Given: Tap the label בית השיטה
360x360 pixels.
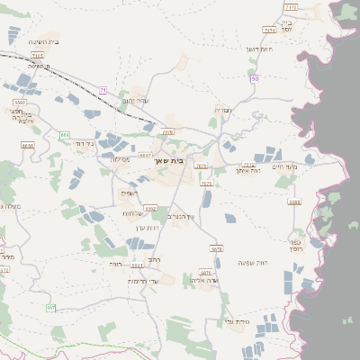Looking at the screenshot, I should coord(43,41).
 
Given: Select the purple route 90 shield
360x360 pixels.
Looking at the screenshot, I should coord(256,78).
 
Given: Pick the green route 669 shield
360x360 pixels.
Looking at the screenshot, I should coord(65,135).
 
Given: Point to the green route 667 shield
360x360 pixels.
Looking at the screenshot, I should coord(51,308).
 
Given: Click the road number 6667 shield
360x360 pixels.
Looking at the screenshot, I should coord(145,156).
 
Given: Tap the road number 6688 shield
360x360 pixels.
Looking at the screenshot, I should coord(294,202).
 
